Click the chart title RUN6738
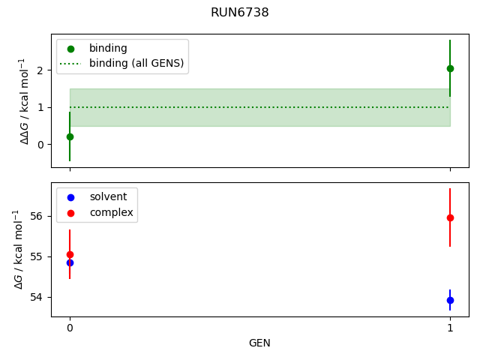pyautogui.click(x=240, y=13)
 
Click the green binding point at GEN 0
pyautogui.click(x=70, y=136)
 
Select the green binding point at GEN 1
pyautogui.click(x=450, y=68)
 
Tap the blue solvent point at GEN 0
pyautogui.click(x=70, y=262)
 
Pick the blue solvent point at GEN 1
pyautogui.click(x=450, y=300)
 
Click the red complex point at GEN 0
pyautogui.click(x=70, y=254)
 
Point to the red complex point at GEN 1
pyautogui.click(x=450, y=217)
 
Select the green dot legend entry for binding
pyautogui.click(x=108, y=49)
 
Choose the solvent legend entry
pyautogui.click(x=108, y=197)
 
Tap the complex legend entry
pyautogui.click(x=111, y=213)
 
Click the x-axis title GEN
pyautogui.click(x=259, y=343)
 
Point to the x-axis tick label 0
pyautogui.click(x=70, y=328)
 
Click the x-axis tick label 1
pyautogui.click(x=450, y=328)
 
